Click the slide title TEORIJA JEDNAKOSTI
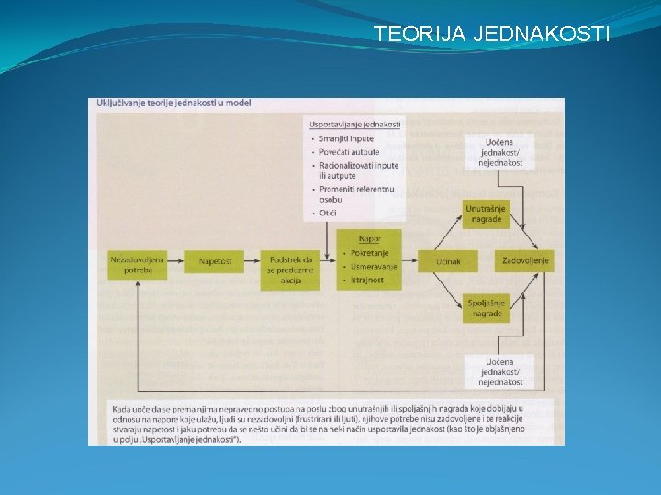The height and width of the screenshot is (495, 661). pos(491,35)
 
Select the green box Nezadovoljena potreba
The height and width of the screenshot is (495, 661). pos(137,265)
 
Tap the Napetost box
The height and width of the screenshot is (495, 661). pos(215,261)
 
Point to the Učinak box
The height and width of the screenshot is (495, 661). pos(448,261)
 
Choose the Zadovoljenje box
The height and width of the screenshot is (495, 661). pos(526,261)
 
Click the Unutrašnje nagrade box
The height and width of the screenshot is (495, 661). pos(485,214)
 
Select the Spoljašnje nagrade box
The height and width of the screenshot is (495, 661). pos(485,308)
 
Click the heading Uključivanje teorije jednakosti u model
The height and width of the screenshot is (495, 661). pos(174,103)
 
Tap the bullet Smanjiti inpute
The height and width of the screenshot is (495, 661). pos(347,138)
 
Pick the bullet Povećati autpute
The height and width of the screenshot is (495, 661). pos(349,151)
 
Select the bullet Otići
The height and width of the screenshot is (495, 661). pos(329,213)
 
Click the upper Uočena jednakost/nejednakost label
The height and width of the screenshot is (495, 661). pos(500,151)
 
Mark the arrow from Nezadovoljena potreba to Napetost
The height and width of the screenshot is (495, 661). pos(176,261)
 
